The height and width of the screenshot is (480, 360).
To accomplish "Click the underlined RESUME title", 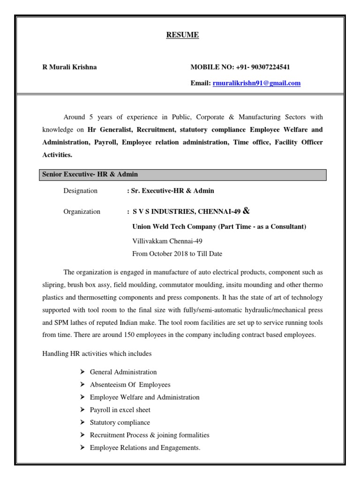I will click(x=183, y=35).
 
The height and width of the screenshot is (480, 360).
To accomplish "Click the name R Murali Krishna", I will click(x=70, y=67).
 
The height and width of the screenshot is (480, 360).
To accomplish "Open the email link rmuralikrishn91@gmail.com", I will click(x=256, y=83).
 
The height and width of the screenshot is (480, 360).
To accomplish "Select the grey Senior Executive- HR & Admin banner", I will click(x=181, y=174).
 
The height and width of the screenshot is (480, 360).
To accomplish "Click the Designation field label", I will click(x=80, y=191).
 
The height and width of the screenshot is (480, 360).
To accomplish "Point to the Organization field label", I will click(x=82, y=211).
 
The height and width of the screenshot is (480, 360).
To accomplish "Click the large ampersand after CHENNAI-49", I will click(x=247, y=210).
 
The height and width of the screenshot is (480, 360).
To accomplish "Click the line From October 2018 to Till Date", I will click(x=177, y=254).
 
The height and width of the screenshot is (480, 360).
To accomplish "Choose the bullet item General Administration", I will click(x=123, y=372).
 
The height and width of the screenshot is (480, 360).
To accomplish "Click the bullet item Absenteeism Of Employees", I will click(x=130, y=384).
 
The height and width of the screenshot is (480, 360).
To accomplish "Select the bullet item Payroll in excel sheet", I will click(x=120, y=410).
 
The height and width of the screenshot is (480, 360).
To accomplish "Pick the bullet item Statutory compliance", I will click(x=120, y=422).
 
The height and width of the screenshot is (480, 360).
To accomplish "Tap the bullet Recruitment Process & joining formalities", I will click(x=150, y=435).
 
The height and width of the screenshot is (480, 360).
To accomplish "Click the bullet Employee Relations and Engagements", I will click(x=145, y=448).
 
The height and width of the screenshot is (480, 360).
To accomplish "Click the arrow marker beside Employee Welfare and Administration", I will click(x=82, y=397).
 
